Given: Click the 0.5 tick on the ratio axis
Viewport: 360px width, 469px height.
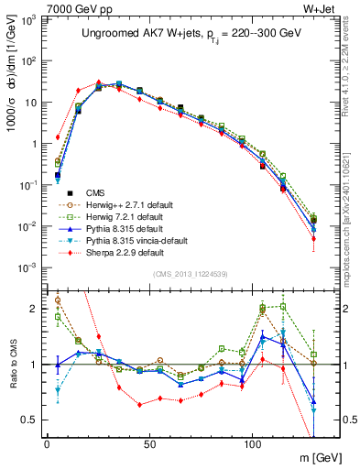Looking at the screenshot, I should pos(29,420).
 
